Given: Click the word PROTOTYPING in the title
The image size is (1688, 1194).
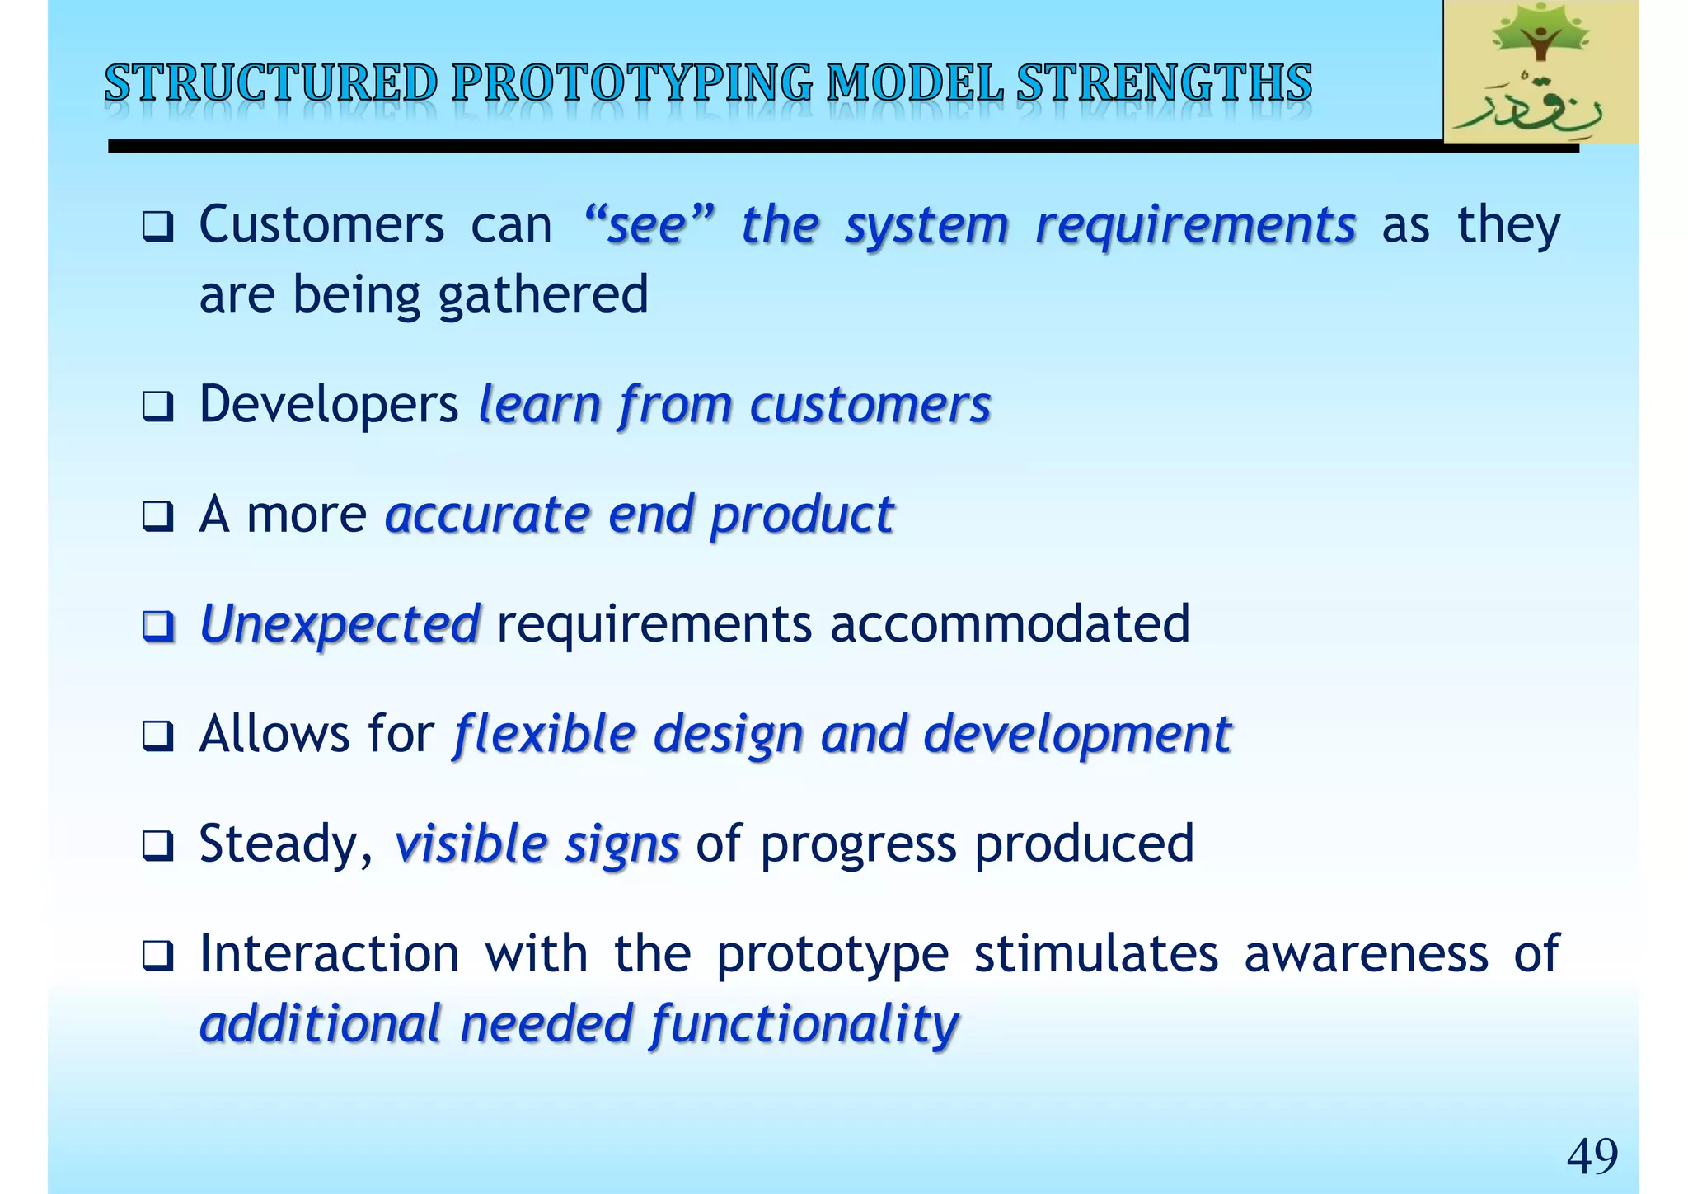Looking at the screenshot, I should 631,83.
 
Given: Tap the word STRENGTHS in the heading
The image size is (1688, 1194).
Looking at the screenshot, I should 1164,83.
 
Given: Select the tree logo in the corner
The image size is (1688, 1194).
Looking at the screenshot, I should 1540,73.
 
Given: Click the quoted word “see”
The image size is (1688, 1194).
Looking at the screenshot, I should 648,225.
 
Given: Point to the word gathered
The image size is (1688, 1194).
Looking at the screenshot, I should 543,295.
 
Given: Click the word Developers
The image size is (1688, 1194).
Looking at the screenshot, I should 329,405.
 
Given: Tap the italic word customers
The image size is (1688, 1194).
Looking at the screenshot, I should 870,405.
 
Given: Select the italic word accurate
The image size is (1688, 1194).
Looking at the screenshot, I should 487,515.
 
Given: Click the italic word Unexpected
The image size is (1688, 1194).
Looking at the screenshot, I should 340,623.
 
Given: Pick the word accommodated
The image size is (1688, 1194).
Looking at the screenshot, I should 1010,623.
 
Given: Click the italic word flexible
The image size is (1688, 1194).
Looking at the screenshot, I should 545,734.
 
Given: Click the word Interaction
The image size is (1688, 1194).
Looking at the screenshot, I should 329,954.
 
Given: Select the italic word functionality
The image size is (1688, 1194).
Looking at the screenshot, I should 804,1024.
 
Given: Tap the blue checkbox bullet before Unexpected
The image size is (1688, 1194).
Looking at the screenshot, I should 157,626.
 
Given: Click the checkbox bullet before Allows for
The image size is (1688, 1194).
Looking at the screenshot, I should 157,736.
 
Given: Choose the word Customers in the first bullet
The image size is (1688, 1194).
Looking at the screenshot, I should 321,225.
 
